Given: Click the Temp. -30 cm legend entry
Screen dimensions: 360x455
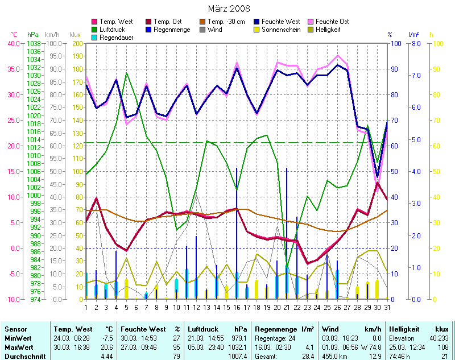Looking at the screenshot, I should [227, 22].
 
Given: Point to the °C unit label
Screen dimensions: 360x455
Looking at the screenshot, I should [14, 35].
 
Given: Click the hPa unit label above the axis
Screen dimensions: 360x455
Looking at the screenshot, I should [33, 35].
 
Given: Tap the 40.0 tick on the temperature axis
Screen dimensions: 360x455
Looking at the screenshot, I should [13, 43].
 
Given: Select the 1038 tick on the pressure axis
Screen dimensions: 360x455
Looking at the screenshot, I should [34, 43].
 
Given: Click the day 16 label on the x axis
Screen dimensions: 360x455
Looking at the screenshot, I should [237, 308].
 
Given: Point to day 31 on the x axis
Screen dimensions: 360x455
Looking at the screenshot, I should [387, 308].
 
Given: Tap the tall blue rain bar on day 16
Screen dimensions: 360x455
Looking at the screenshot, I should [237, 227].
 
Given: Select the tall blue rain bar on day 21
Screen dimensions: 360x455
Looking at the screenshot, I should [287, 227].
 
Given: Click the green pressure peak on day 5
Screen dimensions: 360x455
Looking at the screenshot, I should [126, 73].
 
